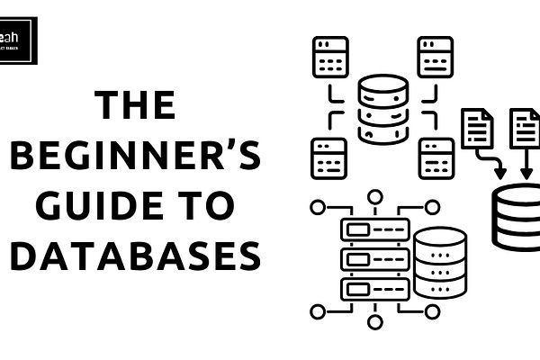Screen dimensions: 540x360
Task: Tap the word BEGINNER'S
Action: [134, 157]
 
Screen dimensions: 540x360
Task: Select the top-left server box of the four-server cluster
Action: [331, 56]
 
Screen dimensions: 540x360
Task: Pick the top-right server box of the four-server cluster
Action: [436, 56]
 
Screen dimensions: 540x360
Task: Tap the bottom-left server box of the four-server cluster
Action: [331, 158]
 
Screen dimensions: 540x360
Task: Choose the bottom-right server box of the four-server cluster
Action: [436, 158]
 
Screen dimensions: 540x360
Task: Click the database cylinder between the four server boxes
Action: [382, 109]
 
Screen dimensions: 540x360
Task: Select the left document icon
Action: [477, 129]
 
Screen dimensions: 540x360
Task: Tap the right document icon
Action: [525, 129]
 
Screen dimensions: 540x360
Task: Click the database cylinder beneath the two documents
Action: [517, 216]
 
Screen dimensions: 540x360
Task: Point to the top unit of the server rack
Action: [374, 229]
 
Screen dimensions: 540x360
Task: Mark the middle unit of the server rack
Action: [374, 259]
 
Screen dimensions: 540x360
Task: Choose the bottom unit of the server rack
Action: [374, 289]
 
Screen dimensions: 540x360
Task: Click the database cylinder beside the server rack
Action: [440, 262]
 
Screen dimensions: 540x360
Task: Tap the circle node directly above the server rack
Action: [374, 195]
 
